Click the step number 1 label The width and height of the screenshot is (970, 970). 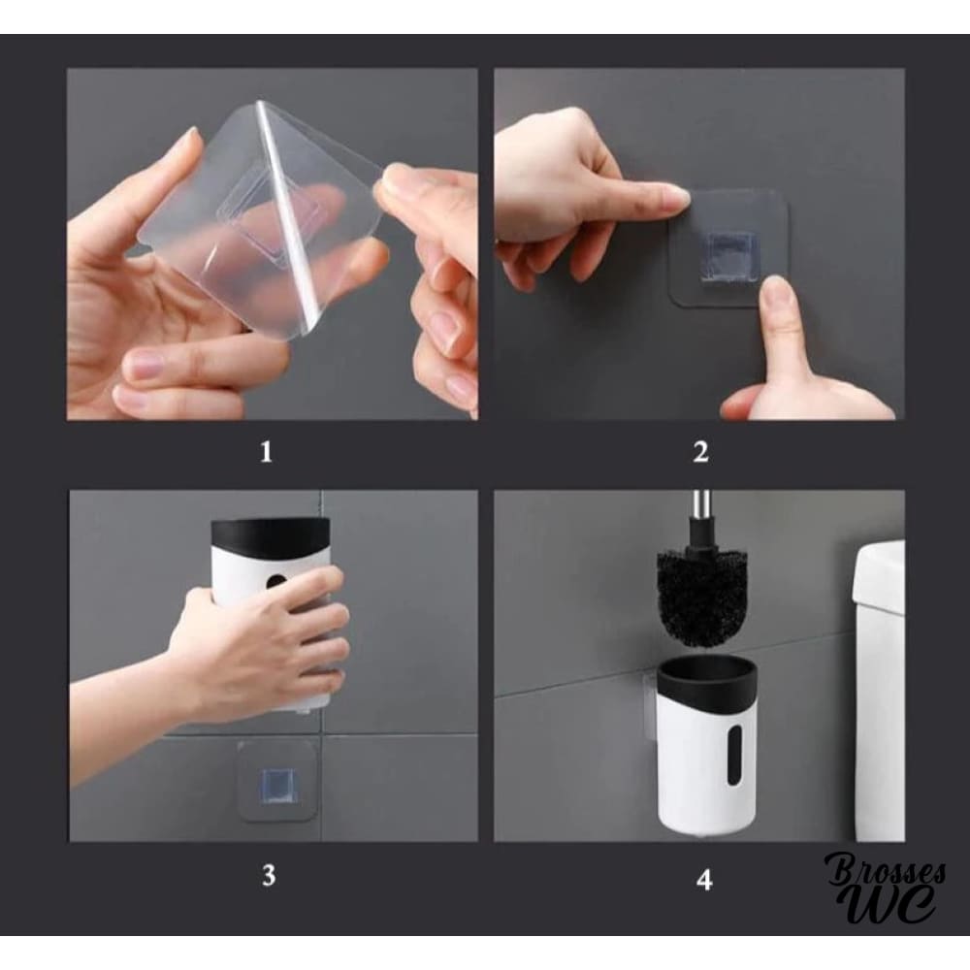click(266, 452)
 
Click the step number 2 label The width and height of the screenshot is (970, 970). click(700, 452)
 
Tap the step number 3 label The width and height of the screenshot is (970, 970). click(269, 876)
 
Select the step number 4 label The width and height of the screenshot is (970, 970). click(704, 879)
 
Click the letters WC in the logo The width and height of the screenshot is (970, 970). click(890, 905)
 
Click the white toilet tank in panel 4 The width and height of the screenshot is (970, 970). click(880, 688)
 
